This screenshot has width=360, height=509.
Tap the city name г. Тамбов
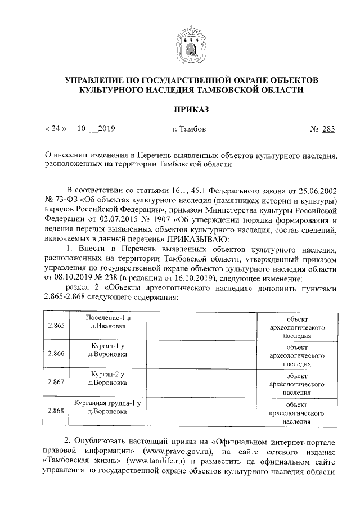(x=189, y=129)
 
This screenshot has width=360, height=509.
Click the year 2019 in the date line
(x=106, y=129)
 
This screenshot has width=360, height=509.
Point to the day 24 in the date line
(x=55, y=129)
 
